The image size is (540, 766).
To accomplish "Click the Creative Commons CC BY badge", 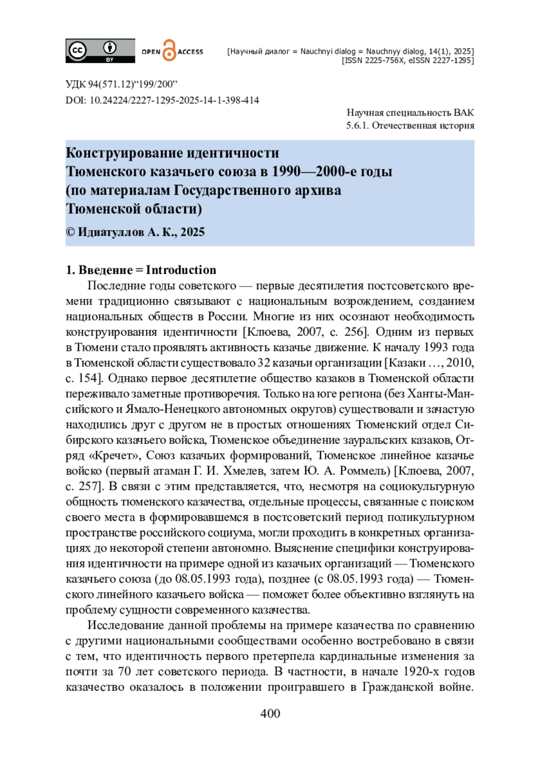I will (x=100, y=50).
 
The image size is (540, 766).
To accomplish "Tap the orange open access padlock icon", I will (x=169, y=50).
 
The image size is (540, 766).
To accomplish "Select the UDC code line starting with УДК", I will (x=121, y=84).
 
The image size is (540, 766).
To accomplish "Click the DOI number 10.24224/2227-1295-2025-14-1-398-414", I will (x=174, y=100).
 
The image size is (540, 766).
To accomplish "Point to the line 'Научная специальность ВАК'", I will (x=410, y=112).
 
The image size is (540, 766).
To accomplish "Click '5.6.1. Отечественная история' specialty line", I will (x=410, y=125).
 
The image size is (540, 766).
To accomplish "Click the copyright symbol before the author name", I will (x=70, y=232).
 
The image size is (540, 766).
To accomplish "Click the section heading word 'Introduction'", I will (x=181, y=270).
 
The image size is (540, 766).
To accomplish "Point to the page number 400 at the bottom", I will (x=270, y=713).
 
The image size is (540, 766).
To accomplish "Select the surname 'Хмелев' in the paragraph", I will (x=238, y=471).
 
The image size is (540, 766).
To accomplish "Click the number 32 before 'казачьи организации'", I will (x=263, y=363).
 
